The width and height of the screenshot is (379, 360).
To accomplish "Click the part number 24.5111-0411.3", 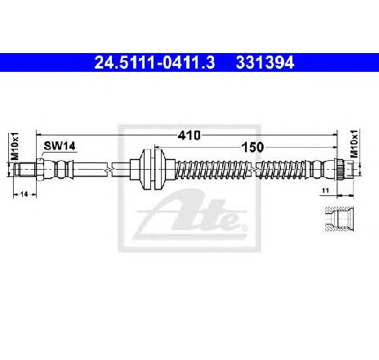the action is point(154,63).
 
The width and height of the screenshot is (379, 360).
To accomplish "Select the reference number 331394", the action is point(265,63).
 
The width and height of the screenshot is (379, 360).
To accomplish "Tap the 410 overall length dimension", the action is point(189,136).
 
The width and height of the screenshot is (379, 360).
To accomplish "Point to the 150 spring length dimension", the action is point(252,148).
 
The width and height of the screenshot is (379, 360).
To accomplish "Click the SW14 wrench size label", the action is point(60,146).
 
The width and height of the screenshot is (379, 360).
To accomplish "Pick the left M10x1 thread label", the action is point(15,146).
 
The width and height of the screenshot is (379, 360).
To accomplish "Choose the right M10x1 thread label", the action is point(354,144).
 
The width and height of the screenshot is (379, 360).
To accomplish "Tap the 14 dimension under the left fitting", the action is point(25,194).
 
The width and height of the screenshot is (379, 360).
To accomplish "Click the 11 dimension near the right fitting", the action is point(325,191).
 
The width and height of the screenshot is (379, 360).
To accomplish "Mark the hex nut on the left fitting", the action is point(40,170).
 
